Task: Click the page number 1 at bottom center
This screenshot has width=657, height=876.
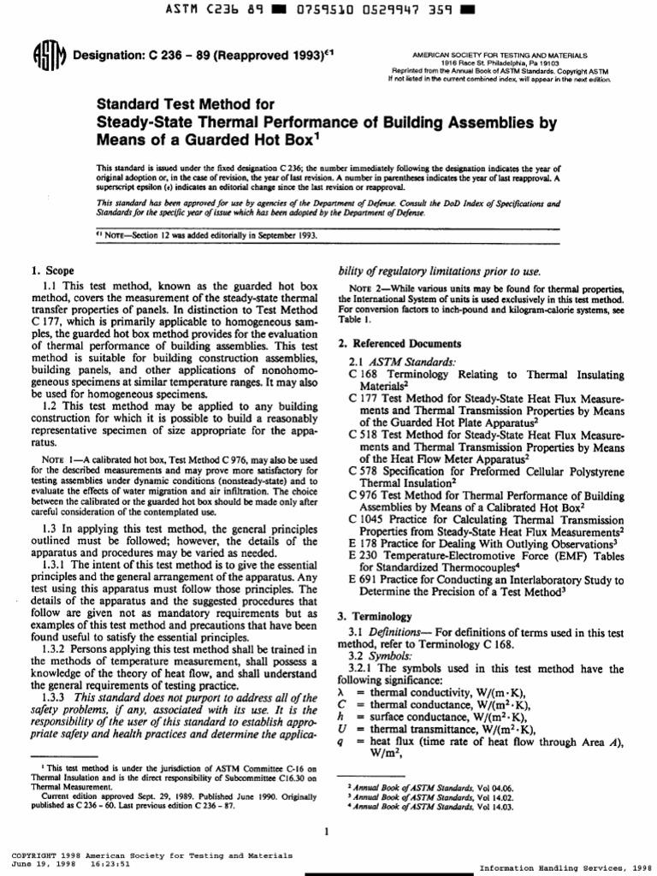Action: click(328, 831)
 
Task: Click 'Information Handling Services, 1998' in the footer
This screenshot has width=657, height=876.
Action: click(566, 866)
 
